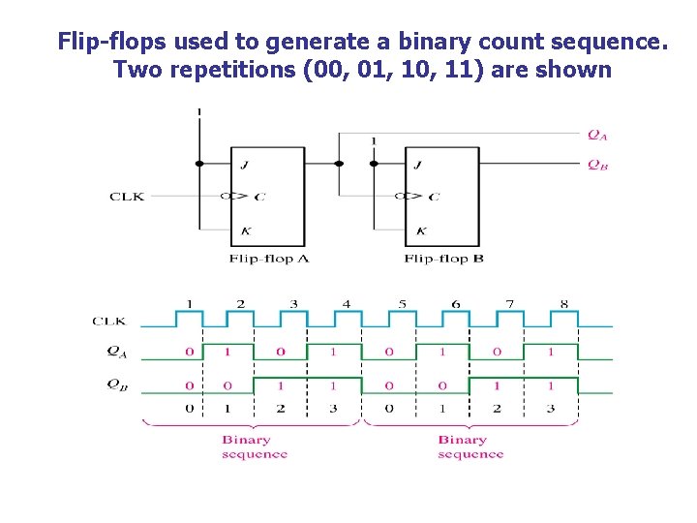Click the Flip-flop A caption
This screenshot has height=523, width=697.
tap(269, 259)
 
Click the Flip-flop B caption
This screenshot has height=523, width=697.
tap(443, 259)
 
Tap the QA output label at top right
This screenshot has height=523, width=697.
tap(597, 135)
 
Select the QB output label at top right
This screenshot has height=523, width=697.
tap(597, 165)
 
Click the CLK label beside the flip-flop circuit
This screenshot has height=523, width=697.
tap(127, 197)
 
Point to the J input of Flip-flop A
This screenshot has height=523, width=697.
tap(244, 165)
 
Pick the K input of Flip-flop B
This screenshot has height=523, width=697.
tap(420, 231)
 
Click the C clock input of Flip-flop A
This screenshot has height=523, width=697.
tap(259, 197)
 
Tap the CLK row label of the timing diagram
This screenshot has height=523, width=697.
tap(108, 321)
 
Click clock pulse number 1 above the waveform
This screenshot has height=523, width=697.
tap(189, 304)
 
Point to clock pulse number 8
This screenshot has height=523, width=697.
tap(563, 304)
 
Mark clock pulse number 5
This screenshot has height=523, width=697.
tap(402, 304)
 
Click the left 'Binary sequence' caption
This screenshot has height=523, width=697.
tap(254, 446)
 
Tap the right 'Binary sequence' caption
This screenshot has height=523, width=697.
tap(470, 446)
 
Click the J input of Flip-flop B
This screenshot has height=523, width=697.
tap(417, 165)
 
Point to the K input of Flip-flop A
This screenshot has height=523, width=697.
tap(244, 231)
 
